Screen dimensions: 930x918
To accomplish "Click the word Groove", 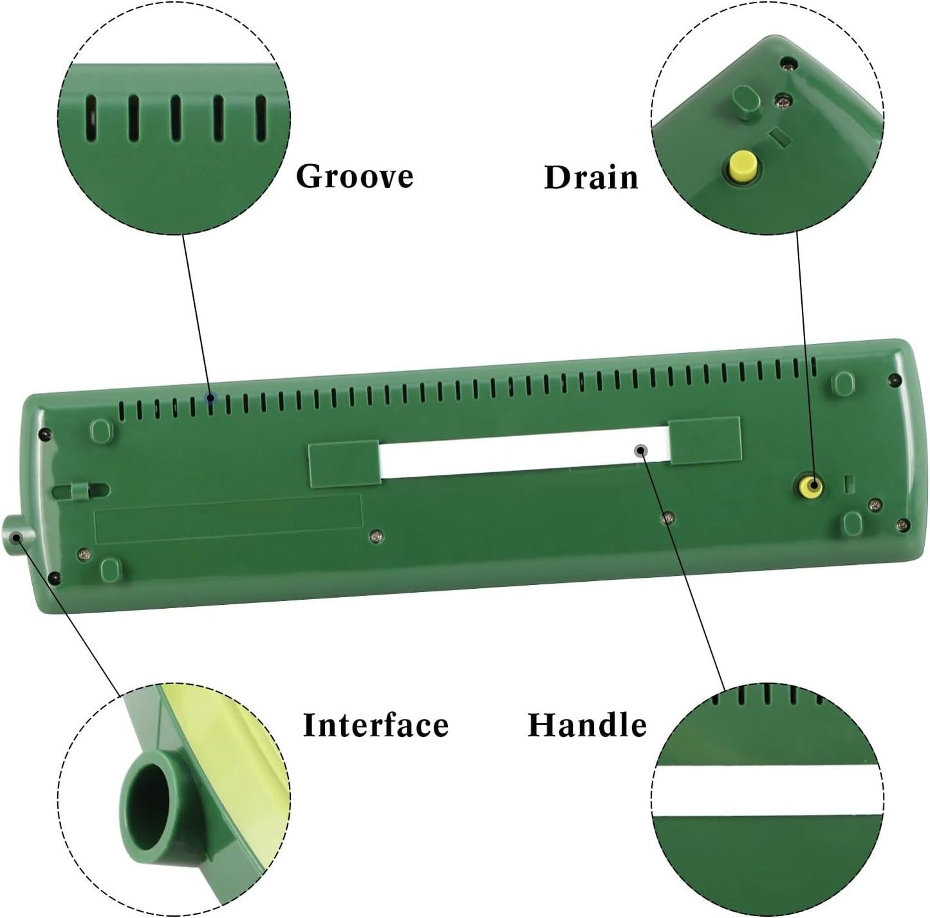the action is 355,177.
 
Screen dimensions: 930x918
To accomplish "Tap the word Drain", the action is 591,177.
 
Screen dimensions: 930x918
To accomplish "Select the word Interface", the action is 376,725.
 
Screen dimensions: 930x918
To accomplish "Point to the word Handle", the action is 588,725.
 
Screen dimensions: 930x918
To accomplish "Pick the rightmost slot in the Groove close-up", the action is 261,119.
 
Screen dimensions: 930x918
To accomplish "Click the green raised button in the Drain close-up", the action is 746,100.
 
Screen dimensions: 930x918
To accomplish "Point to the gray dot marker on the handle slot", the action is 641,451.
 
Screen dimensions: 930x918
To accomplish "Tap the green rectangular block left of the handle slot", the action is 344,463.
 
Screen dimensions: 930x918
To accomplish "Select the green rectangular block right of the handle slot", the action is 705,441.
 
